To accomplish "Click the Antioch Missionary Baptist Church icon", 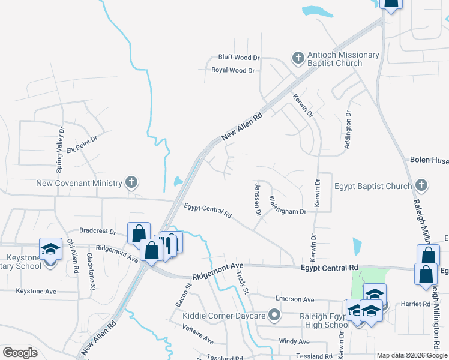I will pos(298,58).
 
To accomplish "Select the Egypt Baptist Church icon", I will pos(421,185).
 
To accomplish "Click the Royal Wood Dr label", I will pos(233,70).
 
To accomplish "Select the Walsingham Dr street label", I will pos(288,205).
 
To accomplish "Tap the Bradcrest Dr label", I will pos(97,230).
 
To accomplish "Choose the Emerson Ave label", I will pos(295,299).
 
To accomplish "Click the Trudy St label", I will pos(243,283).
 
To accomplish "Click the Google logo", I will pos(20,353).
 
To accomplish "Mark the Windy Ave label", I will pos(294,341).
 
